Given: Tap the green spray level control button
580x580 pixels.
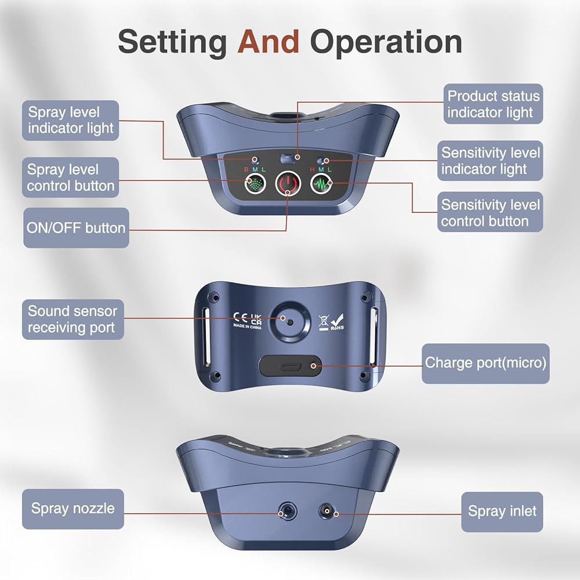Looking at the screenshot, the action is coord(253,185).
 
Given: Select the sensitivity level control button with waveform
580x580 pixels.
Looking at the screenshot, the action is coord(320,185).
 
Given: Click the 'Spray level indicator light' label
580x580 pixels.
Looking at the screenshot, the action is coord(71,121).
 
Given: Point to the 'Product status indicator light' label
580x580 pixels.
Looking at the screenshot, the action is coord(493,104).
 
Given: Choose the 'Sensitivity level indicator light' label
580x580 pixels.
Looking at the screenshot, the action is coord(490,161).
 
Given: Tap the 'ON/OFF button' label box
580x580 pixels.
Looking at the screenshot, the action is coord(76,227).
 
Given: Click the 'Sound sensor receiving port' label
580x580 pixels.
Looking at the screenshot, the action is coord(72,320).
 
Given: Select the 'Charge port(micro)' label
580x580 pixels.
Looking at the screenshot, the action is coord(485,363).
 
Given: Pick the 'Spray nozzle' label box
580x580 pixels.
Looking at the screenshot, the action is coord(72,509).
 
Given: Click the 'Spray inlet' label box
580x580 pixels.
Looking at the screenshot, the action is coord(502,511).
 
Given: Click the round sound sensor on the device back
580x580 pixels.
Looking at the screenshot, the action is coord(289,318).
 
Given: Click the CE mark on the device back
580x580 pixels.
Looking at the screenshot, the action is coord(240,317).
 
